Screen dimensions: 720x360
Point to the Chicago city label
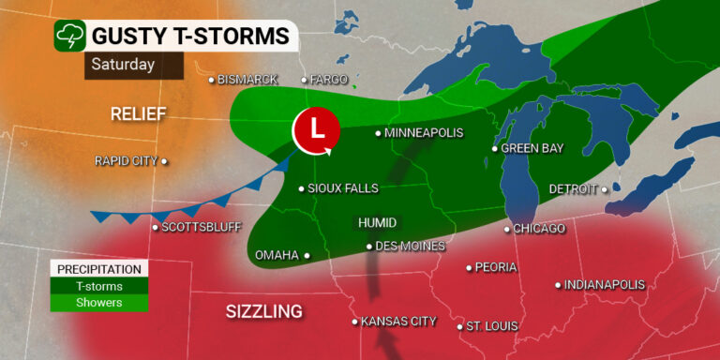(540, 229)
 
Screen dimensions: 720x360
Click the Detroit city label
(573, 188)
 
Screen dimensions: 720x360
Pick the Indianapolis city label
(606, 284)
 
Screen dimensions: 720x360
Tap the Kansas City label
(398, 322)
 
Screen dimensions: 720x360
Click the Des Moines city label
(410, 247)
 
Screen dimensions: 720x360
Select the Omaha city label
(277, 254)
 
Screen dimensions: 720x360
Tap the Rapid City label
(126, 161)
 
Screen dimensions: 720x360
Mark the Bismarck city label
(247, 80)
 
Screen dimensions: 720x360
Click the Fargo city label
(330, 80)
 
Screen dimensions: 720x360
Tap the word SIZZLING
(263, 311)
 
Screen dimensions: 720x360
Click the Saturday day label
(123, 65)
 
